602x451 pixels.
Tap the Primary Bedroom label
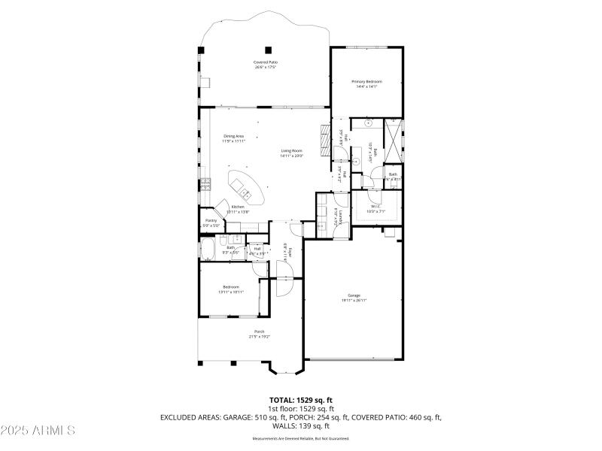pyautogui.click(x=366, y=81)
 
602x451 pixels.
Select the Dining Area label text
pyautogui.click(x=233, y=136)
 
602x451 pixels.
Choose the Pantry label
pyautogui.click(x=211, y=221)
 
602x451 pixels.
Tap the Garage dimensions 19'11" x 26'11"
pyautogui.click(x=354, y=301)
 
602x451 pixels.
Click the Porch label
pyautogui.click(x=259, y=331)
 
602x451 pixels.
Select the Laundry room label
pyautogui.click(x=340, y=217)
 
